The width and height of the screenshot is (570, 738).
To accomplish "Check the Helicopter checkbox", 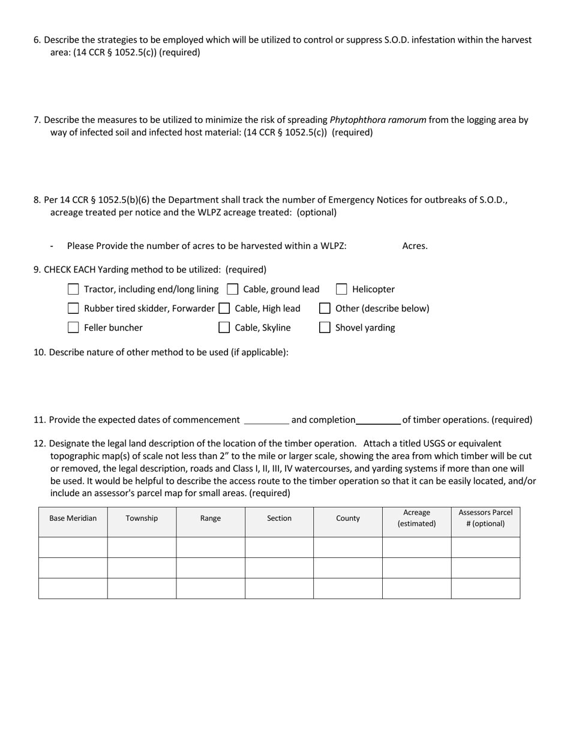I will click(x=341, y=289).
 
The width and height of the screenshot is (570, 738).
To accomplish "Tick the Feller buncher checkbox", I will click(x=73, y=328).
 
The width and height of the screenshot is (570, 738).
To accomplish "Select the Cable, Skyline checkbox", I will click(x=224, y=328).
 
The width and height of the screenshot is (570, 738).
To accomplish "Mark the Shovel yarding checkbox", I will click(x=325, y=328).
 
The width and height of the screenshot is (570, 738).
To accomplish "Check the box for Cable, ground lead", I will click(x=232, y=289).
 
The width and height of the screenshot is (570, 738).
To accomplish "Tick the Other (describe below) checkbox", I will click(x=325, y=308).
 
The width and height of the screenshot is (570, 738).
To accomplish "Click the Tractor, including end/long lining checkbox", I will click(x=73, y=289).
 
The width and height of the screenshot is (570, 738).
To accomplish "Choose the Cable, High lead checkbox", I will click(x=224, y=308).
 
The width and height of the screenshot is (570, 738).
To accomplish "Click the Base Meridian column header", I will click(x=73, y=518).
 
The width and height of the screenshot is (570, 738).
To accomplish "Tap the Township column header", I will click(x=142, y=518).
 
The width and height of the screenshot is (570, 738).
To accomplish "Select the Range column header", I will click(x=211, y=518).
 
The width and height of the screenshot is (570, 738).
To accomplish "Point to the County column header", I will click(x=348, y=518).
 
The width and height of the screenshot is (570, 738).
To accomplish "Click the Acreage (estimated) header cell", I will click(x=416, y=518).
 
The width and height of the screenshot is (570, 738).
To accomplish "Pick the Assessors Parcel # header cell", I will click(x=485, y=518).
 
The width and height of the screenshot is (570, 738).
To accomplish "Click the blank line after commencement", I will click(x=266, y=421).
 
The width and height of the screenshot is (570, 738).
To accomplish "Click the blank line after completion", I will click(x=379, y=421).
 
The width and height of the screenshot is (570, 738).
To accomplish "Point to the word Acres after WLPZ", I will click(x=415, y=246).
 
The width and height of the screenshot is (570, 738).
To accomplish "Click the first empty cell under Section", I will click(x=279, y=547).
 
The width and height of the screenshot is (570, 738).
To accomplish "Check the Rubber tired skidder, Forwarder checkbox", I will click(x=73, y=308).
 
